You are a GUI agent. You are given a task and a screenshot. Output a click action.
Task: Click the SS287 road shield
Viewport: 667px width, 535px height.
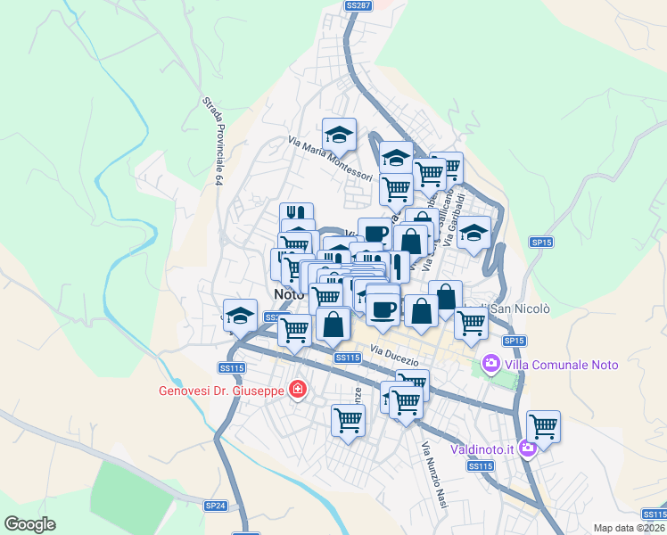pyautogui.click(x=358, y=5)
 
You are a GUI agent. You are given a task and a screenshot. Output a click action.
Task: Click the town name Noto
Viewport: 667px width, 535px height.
pyautogui.click(x=289, y=293)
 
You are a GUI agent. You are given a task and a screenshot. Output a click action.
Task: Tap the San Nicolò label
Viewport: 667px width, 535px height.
pyautogui.click(x=522, y=309)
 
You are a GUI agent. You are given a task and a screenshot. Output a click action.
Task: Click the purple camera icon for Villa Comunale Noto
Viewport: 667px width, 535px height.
pyautogui.click(x=490, y=364)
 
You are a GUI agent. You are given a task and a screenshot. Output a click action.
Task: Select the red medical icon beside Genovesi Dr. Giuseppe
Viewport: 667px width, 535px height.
pyautogui.click(x=297, y=390)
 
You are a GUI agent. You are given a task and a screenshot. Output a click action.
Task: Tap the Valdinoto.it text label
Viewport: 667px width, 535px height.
pyautogui.click(x=482, y=449)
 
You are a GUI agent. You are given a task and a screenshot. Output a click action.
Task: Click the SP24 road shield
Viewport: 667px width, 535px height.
pyautogui.click(x=216, y=506)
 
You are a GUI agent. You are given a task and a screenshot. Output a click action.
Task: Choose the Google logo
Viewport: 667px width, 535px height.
pyautogui.click(x=29, y=524)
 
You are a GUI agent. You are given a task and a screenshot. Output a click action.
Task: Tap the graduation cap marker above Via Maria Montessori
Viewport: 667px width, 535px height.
pyautogui.click(x=339, y=135)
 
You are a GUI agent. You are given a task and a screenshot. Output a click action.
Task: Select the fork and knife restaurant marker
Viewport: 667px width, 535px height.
pyautogui.click(x=297, y=214)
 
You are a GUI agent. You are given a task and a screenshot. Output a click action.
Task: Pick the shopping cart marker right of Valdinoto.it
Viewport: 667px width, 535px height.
pyautogui.click(x=543, y=426)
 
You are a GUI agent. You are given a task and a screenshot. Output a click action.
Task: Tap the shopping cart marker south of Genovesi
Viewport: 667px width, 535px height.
pyautogui.click(x=348, y=420)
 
